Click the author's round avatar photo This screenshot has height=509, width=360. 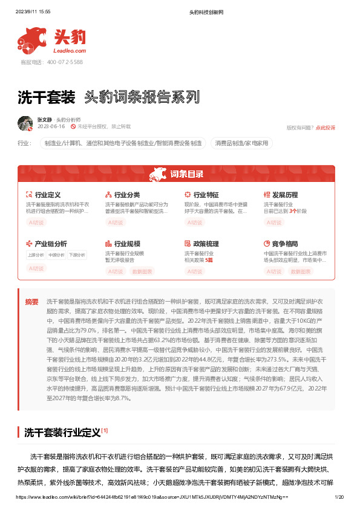[x=25, y=123]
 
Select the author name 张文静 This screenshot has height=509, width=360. [x=45, y=120]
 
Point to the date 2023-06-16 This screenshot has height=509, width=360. [x=51, y=127]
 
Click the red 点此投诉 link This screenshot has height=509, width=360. [x=325, y=128]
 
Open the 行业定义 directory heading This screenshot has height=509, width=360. [x=48, y=195]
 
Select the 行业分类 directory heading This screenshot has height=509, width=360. [x=127, y=195]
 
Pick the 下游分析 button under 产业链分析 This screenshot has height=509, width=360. [x=76, y=255]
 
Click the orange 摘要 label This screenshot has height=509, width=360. [x=31, y=302]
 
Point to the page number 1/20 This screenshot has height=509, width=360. [x=339, y=497]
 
